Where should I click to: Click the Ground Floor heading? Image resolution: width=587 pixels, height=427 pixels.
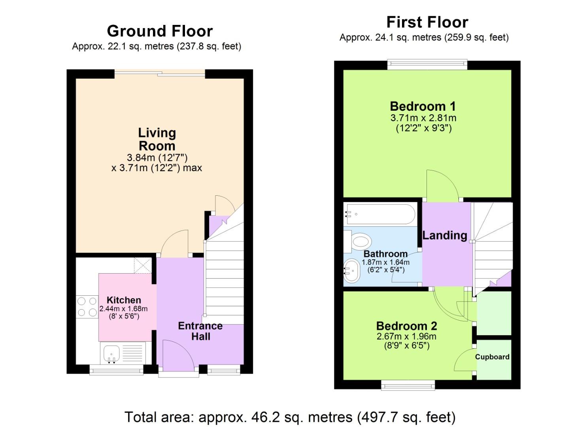click(160, 31)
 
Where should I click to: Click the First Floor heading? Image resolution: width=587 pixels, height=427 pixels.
click(427, 22)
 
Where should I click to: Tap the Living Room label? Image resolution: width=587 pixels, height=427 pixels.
click(157, 139)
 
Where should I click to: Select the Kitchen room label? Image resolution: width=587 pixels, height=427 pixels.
click(124, 300)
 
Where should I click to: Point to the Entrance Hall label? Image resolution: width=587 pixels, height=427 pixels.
click(200, 331)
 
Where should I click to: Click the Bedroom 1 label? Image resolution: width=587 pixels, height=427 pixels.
click(423, 106)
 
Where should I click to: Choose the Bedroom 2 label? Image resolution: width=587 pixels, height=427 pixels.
click(406, 326)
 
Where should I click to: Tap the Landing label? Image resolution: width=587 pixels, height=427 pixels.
click(445, 235)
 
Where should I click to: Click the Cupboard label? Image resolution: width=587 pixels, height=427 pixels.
click(492, 357)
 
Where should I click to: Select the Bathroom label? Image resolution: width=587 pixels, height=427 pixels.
click(385, 254)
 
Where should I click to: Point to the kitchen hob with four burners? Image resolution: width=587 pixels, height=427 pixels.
click(87, 307)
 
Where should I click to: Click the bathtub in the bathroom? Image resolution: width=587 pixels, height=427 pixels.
click(379, 214)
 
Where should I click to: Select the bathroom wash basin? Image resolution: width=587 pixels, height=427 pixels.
click(351, 271)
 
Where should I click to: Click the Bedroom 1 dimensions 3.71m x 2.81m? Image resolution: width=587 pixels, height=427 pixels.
click(423, 118)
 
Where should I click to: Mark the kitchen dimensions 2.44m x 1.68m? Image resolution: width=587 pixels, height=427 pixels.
click(123, 309)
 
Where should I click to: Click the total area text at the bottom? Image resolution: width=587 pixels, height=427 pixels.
click(290, 417)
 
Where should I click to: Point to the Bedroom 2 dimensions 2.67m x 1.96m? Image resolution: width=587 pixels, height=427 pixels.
click(406, 336)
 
